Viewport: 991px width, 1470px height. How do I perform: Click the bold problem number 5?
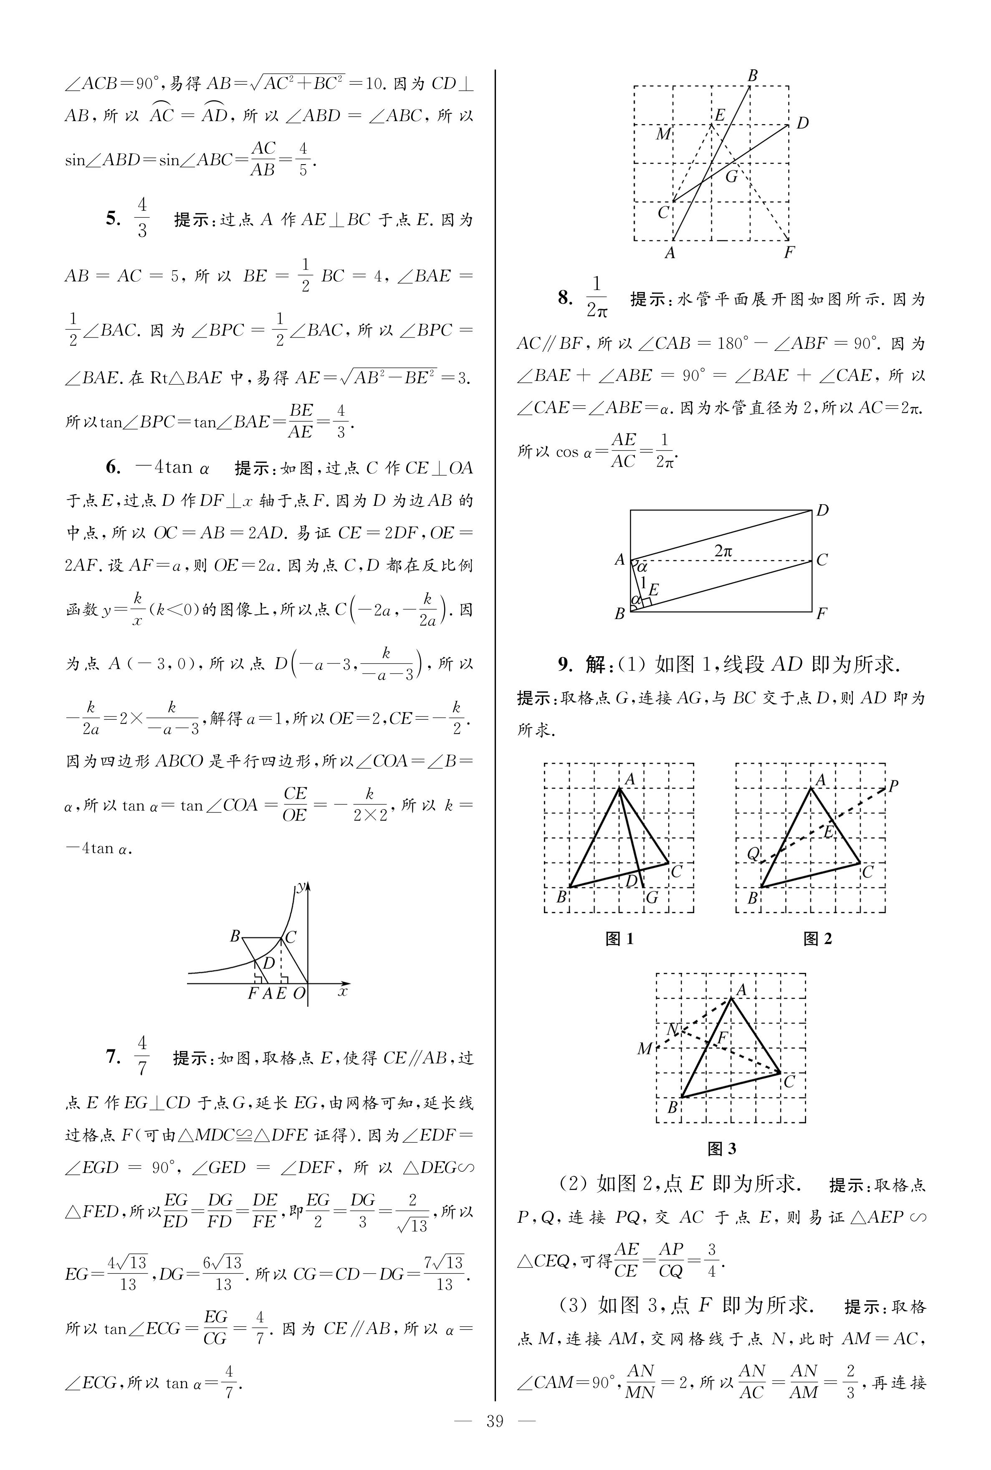pos(113,219)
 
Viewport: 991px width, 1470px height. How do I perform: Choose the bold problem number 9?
pos(564,665)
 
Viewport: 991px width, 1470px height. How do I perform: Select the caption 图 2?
pos(817,939)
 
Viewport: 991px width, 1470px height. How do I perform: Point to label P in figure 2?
pos(893,787)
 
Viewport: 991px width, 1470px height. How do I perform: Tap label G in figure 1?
pos(652,896)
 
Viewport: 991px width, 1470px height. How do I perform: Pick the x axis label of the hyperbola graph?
pos(343,992)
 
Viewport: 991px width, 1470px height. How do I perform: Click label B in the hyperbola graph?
pos(235,936)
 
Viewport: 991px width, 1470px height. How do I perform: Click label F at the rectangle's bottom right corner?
pos(822,613)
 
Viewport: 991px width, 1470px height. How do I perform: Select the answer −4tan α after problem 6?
pos(172,467)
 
